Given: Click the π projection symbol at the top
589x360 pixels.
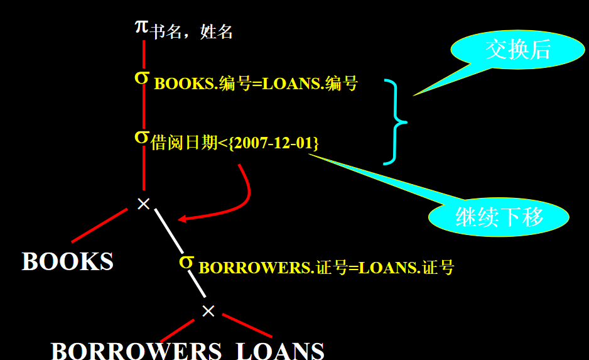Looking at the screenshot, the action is pyautogui.click(x=143, y=27).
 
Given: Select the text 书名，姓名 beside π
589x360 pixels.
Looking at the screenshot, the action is pyautogui.click(x=192, y=32).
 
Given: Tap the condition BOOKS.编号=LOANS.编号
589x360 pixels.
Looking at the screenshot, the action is pyautogui.click(x=256, y=84).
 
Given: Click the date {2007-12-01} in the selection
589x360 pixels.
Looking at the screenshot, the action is pyautogui.click(x=275, y=143).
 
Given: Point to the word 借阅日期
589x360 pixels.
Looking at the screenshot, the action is pyautogui.click(x=182, y=143).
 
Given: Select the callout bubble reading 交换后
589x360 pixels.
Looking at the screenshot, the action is pyautogui.click(x=517, y=50).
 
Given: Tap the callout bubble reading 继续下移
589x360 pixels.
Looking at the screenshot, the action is pyautogui.click(x=499, y=216).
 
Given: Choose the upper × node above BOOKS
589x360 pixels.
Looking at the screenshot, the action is pyautogui.click(x=144, y=204).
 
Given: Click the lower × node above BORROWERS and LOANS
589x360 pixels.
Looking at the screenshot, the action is pyautogui.click(x=208, y=310).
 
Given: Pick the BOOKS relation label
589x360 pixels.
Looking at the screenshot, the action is pyautogui.click(x=68, y=261).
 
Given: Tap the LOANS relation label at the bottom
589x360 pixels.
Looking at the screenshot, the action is pyautogui.click(x=281, y=351).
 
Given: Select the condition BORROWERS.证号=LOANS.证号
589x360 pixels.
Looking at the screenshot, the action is pyautogui.click(x=326, y=268).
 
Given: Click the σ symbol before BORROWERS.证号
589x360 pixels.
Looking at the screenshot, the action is pyautogui.click(x=186, y=261).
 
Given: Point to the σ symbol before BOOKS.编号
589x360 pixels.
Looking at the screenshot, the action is pyautogui.click(x=143, y=77).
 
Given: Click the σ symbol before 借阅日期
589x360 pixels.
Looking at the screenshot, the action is pyautogui.click(x=143, y=136).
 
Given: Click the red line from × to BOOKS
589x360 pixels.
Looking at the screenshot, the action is pyautogui.click(x=100, y=226).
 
